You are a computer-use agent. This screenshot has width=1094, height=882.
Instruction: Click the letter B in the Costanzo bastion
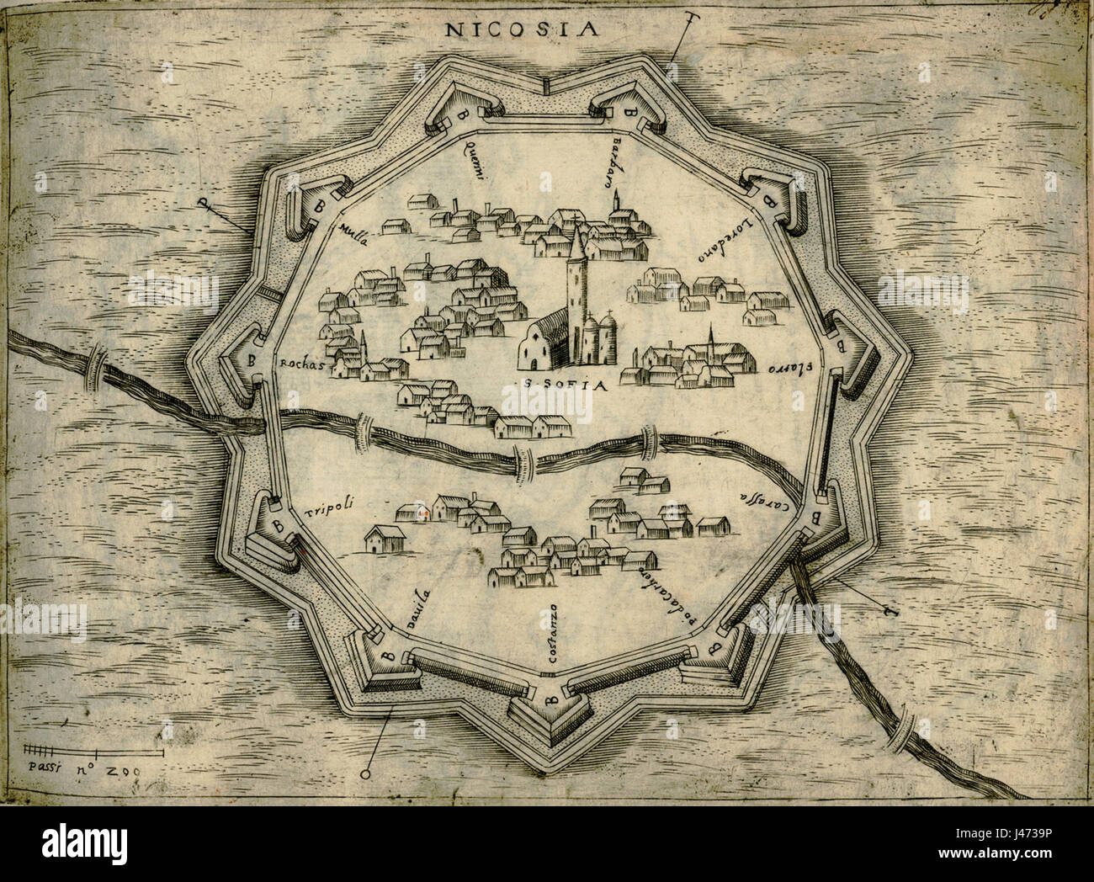[x=549, y=698]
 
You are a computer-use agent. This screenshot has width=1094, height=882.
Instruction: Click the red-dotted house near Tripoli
[x=425, y=512]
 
